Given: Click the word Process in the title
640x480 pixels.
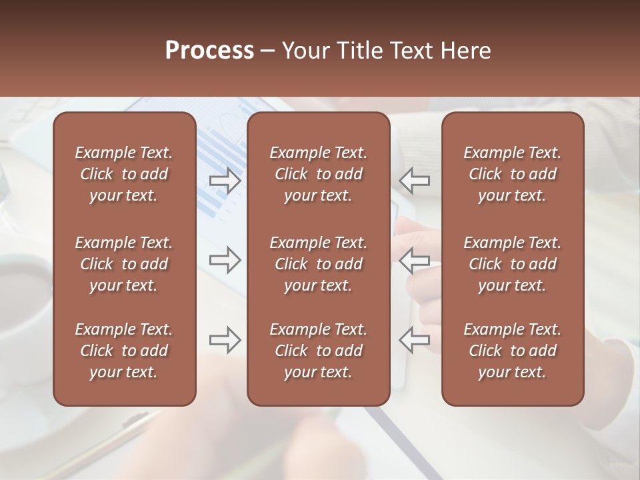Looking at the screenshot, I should (209, 51).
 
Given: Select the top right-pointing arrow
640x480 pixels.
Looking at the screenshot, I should (225, 180).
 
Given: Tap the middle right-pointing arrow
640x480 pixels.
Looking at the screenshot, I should (225, 260).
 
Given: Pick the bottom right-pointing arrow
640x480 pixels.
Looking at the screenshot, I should (225, 340).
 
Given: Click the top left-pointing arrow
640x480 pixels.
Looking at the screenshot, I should (414, 180).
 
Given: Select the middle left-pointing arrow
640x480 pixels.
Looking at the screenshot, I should (414, 260).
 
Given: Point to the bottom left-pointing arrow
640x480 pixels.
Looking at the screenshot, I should (414, 340).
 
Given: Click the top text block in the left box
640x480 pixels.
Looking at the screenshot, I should (124, 174).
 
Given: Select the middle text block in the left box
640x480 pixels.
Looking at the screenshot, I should (124, 264).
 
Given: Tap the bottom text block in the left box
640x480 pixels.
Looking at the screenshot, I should (124, 351).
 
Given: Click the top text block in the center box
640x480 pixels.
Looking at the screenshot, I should (319, 174).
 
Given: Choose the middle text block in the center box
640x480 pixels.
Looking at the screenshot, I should (319, 264).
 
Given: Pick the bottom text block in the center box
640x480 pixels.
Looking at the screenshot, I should (319, 351).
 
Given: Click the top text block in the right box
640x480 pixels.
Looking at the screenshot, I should (513, 174).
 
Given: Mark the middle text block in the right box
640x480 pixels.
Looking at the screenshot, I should (513, 264).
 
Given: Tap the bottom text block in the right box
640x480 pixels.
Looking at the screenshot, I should (513, 351).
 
